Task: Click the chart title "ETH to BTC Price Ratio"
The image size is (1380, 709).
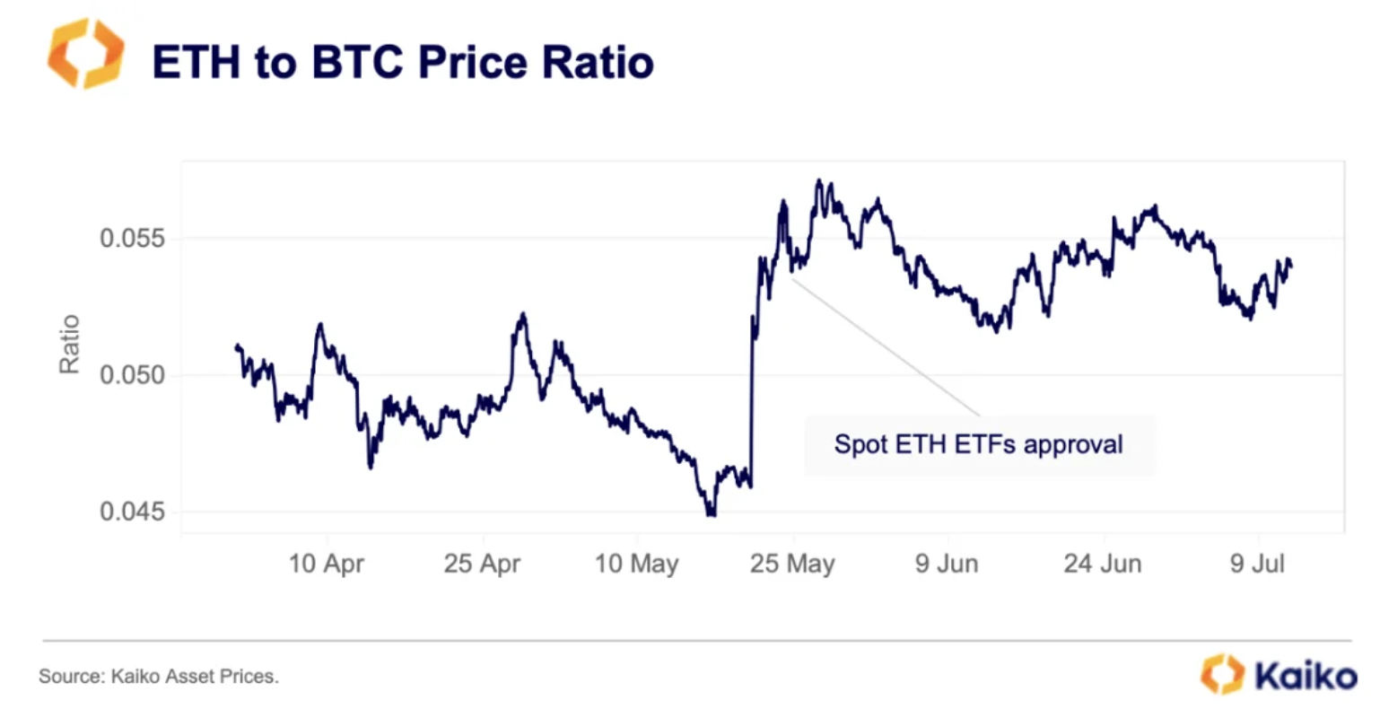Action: click(403, 61)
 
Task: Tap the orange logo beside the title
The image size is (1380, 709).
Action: click(85, 54)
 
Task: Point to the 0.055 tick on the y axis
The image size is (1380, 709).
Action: click(132, 239)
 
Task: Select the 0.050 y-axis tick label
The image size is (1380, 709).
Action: click(132, 375)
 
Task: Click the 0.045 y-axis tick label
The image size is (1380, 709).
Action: click(132, 512)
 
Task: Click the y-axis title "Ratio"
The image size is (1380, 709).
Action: click(69, 344)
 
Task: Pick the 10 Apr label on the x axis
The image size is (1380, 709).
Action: click(327, 564)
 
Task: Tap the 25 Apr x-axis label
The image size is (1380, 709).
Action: click(482, 564)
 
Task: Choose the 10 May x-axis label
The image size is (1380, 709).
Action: click(637, 564)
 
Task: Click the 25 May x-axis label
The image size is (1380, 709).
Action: click(792, 564)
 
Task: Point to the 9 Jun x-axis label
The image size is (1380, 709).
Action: click(947, 564)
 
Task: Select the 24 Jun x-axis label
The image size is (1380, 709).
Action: click(1103, 564)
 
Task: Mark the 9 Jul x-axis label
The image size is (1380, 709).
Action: click(1257, 564)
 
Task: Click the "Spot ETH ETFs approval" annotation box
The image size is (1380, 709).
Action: click(978, 444)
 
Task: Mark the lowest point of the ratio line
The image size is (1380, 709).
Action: click(711, 515)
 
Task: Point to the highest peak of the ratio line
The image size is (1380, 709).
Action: click(818, 181)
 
